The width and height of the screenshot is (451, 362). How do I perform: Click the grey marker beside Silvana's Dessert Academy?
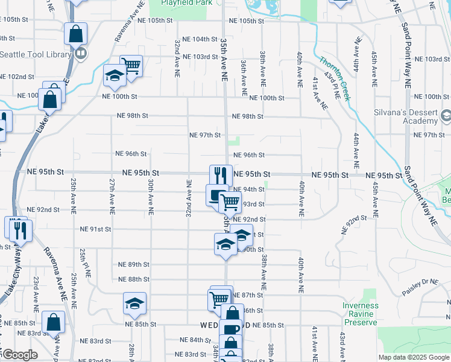446,115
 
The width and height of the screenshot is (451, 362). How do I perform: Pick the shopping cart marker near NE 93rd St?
230,202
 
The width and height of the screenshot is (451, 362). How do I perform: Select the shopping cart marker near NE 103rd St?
131,65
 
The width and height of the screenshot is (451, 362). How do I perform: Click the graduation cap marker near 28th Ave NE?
135,303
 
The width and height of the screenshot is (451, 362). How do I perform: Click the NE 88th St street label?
134,279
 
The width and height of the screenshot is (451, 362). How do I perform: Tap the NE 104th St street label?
201,39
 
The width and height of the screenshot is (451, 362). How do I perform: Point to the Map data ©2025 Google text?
413,357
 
